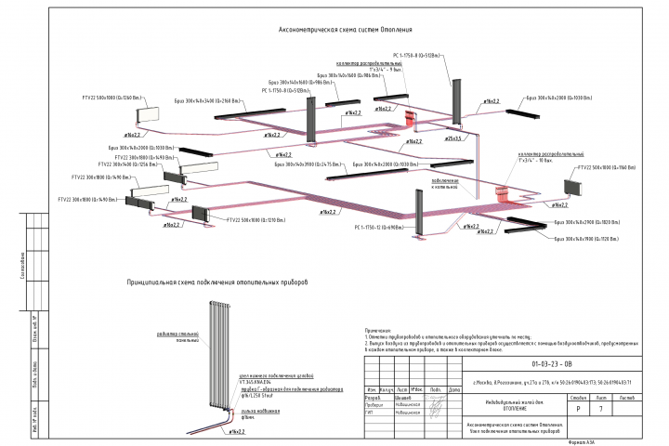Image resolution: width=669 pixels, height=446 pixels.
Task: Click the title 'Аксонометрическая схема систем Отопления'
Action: [x=347, y=31]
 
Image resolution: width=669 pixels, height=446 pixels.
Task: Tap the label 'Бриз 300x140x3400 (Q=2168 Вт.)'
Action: [x=206, y=99]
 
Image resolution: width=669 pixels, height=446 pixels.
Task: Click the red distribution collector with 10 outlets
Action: [x=504, y=193]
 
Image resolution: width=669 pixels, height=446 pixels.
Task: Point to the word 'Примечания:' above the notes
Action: [x=379, y=329]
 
